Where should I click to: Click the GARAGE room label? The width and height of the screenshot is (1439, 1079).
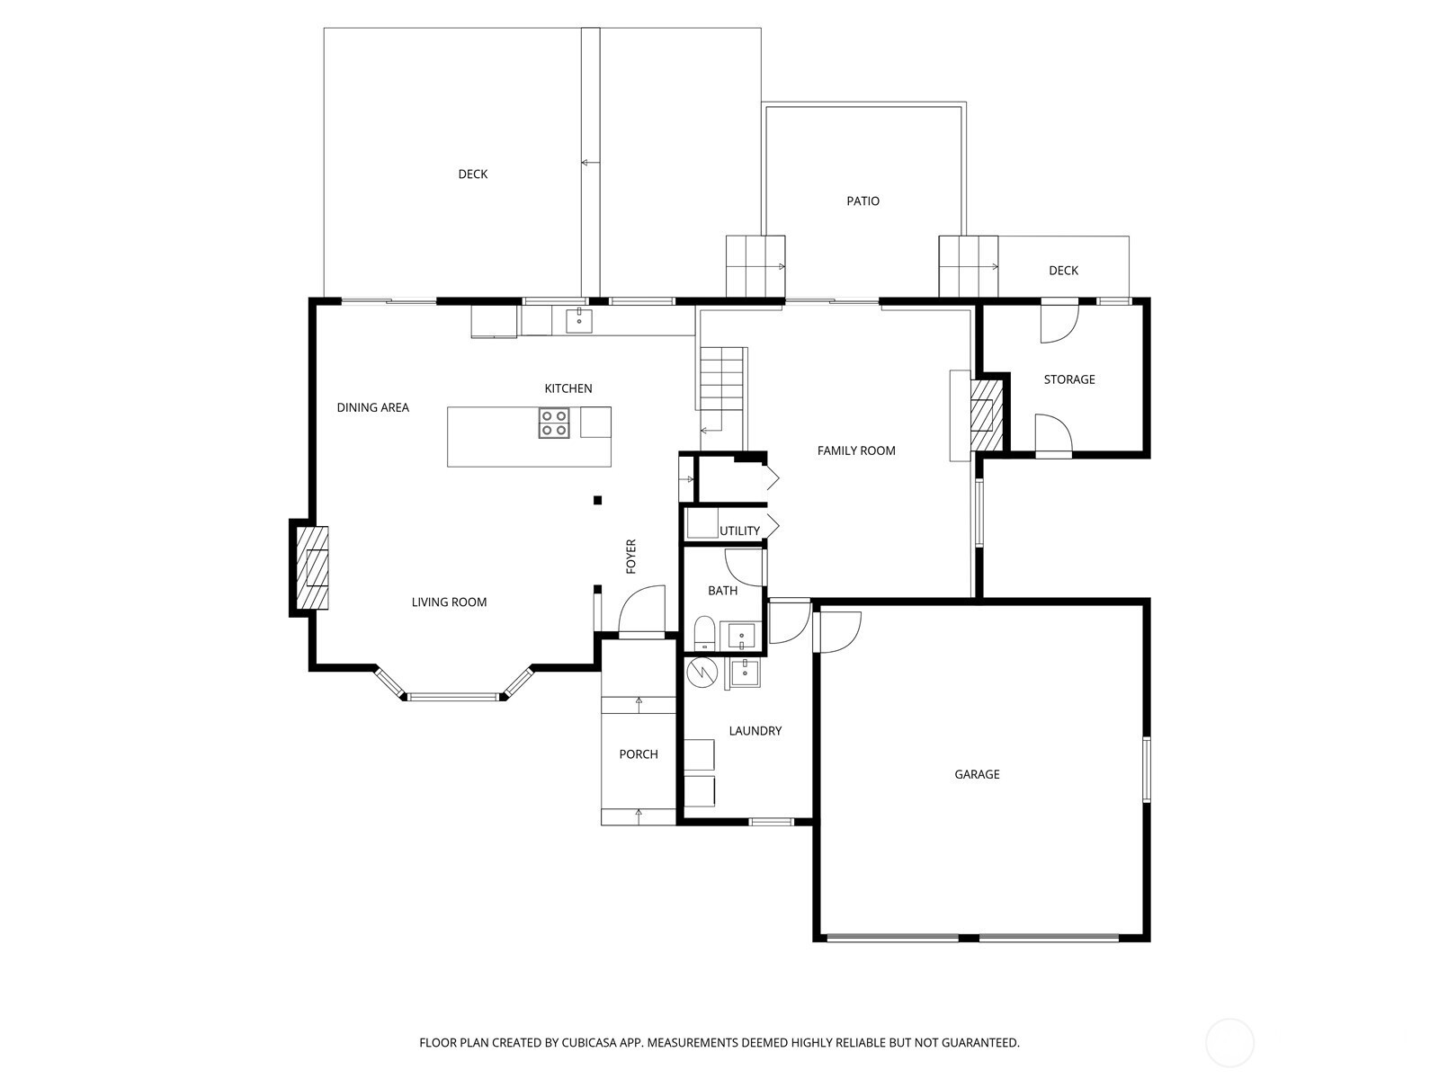click(976, 774)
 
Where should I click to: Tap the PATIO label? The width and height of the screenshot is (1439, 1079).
click(863, 201)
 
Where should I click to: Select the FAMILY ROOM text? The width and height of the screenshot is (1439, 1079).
click(855, 450)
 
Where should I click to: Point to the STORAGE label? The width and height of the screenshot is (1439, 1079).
click(1068, 379)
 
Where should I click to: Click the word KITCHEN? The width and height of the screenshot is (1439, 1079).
click(568, 388)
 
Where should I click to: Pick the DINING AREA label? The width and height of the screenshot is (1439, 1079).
click(372, 407)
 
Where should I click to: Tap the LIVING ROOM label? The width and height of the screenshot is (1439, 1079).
click(449, 602)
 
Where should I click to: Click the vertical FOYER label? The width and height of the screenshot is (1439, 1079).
click(630, 557)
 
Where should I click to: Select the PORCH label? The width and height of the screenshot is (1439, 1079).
click(638, 754)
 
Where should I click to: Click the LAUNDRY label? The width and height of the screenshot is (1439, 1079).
click(755, 730)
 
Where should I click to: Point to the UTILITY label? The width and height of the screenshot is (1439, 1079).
click(739, 531)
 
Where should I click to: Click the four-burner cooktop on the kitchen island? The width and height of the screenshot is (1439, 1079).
click(554, 423)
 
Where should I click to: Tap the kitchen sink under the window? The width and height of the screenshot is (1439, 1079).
click(579, 321)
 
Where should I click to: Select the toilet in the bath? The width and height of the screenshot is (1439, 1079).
click(704, 633)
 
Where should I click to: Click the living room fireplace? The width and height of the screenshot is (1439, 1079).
click(312, 567)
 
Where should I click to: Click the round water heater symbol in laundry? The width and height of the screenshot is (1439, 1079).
click(702, 673)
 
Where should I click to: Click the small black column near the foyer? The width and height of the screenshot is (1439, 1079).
click(597, 501)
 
